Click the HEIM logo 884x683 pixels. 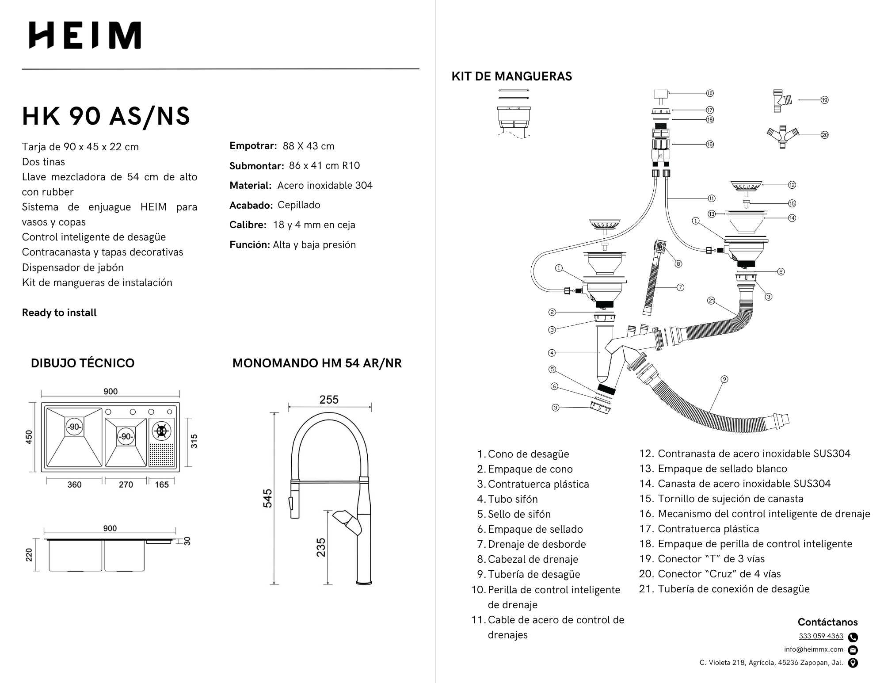85,35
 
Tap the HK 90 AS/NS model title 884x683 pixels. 106,116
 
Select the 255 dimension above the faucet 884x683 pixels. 329,400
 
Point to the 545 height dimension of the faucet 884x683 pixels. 267,498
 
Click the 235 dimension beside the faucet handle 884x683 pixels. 321,547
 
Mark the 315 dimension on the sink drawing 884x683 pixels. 194,441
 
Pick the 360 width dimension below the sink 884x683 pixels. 74,485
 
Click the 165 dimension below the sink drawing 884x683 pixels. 162,485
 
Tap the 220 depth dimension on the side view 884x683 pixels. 29,554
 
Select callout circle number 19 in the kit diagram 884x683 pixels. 824,100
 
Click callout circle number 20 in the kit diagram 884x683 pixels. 824,135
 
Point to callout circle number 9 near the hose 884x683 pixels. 724,379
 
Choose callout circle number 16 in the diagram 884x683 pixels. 710,144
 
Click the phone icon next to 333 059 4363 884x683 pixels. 853,637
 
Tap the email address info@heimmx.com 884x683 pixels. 813,649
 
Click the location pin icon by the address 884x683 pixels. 853,663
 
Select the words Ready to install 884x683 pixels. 59,313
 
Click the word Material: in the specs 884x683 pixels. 250,186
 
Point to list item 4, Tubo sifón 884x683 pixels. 512,499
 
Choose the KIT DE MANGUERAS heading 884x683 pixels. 511,76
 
